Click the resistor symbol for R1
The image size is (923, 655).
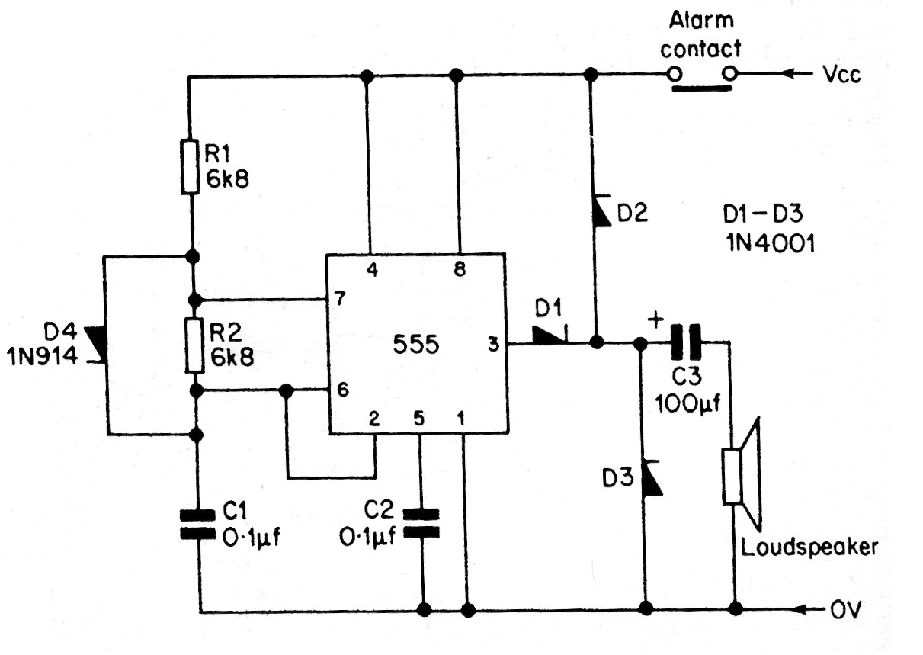tap(190, 167)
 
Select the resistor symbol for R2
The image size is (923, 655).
tap(195, 345)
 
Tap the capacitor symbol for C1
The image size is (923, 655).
tap(198, 525)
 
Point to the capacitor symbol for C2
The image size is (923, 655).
tap(421, 524)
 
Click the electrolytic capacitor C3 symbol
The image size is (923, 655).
tap(686, 342)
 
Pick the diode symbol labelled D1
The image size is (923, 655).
tap(550, 336)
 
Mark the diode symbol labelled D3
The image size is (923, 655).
tap(651, 478)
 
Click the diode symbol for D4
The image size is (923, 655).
tap(98, 345)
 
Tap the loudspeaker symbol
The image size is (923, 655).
tap(742, 477)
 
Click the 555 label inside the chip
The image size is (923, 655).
tap(415, 344)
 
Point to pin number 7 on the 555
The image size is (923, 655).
tap(341, 298)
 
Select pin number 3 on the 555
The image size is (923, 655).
tap(493, 344)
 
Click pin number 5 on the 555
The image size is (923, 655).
tap(418, 419)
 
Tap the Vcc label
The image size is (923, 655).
tap(841, 75)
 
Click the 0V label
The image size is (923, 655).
tap(846, 610)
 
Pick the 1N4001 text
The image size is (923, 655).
tap(771, 243)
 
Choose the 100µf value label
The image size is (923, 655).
tap(687, 403)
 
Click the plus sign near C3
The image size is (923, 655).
tap(655, 319)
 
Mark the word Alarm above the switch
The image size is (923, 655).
tap(701, 20)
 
